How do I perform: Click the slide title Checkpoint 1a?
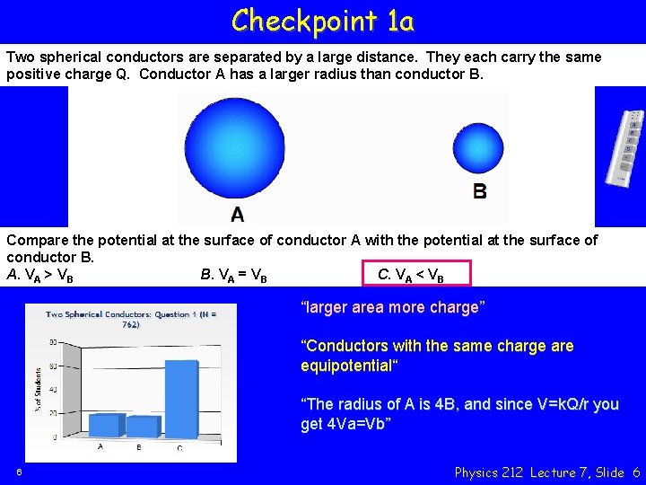click(323, 20)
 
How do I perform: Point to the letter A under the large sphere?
click(237, 214)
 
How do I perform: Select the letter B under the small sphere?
click(480, 191)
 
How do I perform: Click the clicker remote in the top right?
click(627, 149)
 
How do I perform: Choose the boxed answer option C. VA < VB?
click(415, 275)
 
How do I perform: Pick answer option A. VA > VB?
click(40, 276)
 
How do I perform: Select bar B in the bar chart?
click(142, 427)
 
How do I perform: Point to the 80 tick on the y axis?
click(53, 342)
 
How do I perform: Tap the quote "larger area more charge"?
click(393, 308)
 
